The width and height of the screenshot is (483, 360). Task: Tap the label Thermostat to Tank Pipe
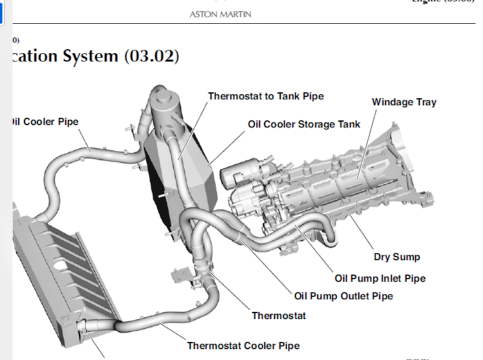pyautogui.click(x=266, y=96)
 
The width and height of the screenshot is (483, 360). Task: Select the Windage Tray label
pyautogui.click(x=404, y=102)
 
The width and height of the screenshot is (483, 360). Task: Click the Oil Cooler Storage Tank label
pyautogui.click(x=304, y=123)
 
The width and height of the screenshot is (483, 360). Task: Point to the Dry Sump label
pyautogui.click(x=397, y=257)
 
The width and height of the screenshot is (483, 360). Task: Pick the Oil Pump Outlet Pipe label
pyautogui.click(x=343, y=296)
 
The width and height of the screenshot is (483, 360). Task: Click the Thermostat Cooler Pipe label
pyautogui.click(x=243, y=346)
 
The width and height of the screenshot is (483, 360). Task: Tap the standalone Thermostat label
pyautogui.click(x=279, y=316)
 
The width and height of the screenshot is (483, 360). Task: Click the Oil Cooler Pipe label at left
pyautogui.click(x=44, y=122)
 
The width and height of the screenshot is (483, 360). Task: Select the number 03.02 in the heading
pyautogui.click(x=151, y=56)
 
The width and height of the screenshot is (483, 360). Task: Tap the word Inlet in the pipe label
pyautogui.click(x=392, y=278)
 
